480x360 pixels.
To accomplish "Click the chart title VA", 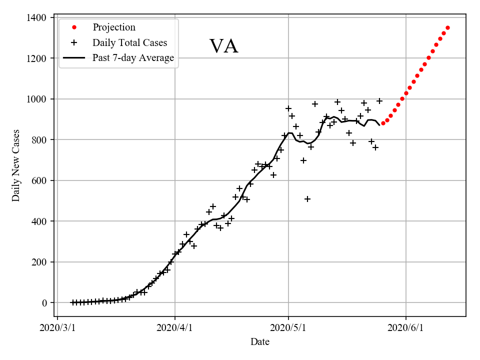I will pos(223,46).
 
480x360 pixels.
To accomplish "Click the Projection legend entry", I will pos(113,27).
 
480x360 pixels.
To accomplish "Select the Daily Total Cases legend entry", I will pos(129,42).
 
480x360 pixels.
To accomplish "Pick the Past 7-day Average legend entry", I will pos(133,58).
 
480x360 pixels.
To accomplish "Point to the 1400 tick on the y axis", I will pos(37,17).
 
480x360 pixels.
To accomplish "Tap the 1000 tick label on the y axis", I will pos(37,99).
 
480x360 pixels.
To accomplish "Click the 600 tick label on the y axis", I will pos(39,180).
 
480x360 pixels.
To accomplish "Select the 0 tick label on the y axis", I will pos(44,302).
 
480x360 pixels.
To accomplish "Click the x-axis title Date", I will pos(260,342).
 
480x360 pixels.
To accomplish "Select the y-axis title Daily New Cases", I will pos(16,165).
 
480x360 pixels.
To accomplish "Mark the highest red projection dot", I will pos(447,27).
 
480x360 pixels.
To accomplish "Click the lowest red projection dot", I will pos(383,123).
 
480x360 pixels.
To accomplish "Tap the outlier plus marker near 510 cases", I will pos(307,199).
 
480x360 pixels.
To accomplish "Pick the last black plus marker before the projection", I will pos(379,101).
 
